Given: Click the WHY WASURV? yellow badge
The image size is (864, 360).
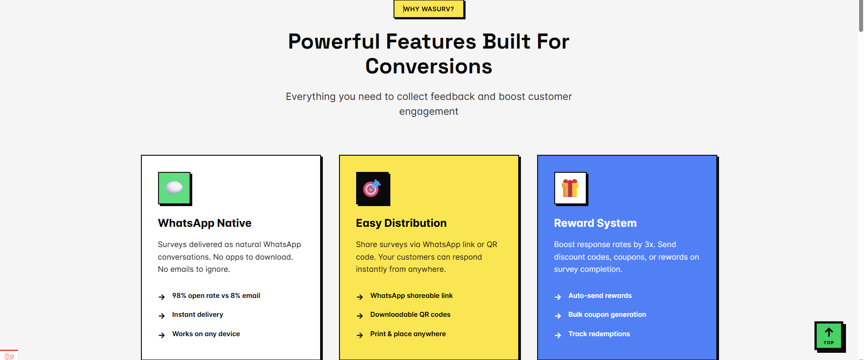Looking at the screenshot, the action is pos(429,9).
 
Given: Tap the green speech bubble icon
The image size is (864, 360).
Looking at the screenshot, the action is pos(174,188).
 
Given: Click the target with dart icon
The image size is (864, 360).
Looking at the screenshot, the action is pos(372,188).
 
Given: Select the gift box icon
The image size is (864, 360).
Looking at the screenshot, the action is pos(570,188).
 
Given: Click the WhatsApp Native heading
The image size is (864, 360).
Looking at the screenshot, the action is pos(204,223).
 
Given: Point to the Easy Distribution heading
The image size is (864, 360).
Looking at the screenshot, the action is pos(401,223).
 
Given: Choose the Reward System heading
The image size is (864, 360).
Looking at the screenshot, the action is pos(595,223).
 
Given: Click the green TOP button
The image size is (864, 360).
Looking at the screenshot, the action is pos(829,336).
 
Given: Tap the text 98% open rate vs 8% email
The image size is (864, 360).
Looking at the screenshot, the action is pos(216,296).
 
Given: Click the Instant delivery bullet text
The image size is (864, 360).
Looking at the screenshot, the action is pos(198,315).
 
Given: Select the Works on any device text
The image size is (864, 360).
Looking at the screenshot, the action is pos(206,334).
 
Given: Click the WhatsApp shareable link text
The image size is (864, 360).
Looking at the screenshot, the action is pos(412,296).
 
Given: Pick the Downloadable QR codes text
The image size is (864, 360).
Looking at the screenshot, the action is pos(410,315).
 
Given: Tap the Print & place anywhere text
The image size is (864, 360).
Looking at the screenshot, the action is pos(408,334).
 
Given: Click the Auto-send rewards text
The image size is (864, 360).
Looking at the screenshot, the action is pos(600,296).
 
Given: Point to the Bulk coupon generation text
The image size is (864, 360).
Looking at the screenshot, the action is pos(607,315).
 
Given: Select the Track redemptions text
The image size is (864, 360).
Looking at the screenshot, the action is pos(599,334).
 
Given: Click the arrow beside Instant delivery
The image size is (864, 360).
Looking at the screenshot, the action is pos(162,316).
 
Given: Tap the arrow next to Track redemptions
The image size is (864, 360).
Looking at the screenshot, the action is pos(558,335).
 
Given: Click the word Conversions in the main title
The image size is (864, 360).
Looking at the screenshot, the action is pos(429,67).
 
